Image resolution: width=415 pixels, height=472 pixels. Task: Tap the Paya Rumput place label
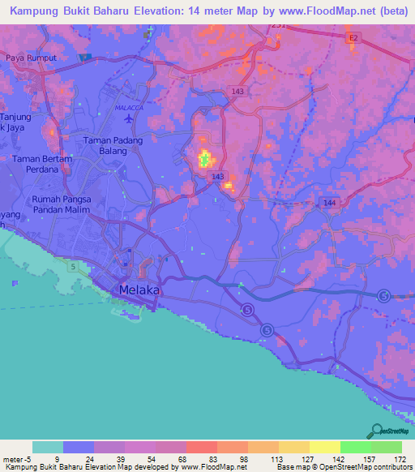31,58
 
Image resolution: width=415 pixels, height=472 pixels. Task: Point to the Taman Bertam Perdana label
42,165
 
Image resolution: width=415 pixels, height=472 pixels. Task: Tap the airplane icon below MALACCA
130,118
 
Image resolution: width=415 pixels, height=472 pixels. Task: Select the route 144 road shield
329,202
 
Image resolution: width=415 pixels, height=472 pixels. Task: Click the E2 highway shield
353,37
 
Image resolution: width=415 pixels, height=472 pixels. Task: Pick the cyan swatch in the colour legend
47,447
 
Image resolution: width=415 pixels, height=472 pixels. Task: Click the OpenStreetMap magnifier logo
375,431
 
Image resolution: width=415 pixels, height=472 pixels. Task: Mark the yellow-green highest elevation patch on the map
205,158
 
